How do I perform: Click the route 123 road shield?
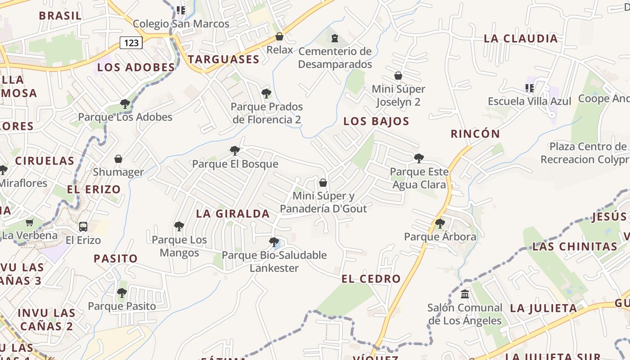pos(131,43)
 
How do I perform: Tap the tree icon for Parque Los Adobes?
pos(125,104)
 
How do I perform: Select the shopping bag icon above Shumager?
pos(118,159)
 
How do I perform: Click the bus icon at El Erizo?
pos(83,226)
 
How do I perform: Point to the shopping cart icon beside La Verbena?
pos(30,222)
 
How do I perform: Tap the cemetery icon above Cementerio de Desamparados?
pos(334,38)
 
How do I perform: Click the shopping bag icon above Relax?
pos(279,36)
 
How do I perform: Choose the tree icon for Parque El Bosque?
pos(234,151)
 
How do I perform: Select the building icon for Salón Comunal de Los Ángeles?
pos(465,294)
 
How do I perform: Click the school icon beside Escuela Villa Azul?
pos(529,88)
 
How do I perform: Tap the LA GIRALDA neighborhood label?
pos(233,214)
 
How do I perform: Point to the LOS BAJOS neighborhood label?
pos(376,121)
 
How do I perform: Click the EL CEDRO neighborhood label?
pos(371,279)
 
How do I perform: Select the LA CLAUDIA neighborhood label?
pos(521,39)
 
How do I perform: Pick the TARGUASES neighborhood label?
pos(224,59)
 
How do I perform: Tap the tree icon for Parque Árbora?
pos(440,223)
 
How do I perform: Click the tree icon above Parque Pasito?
pos(121,293)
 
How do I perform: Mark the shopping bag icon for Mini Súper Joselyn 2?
pos(398,76)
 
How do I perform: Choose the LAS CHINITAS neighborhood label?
pos(575,247)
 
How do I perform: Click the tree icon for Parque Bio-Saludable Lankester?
pos(274,242)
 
